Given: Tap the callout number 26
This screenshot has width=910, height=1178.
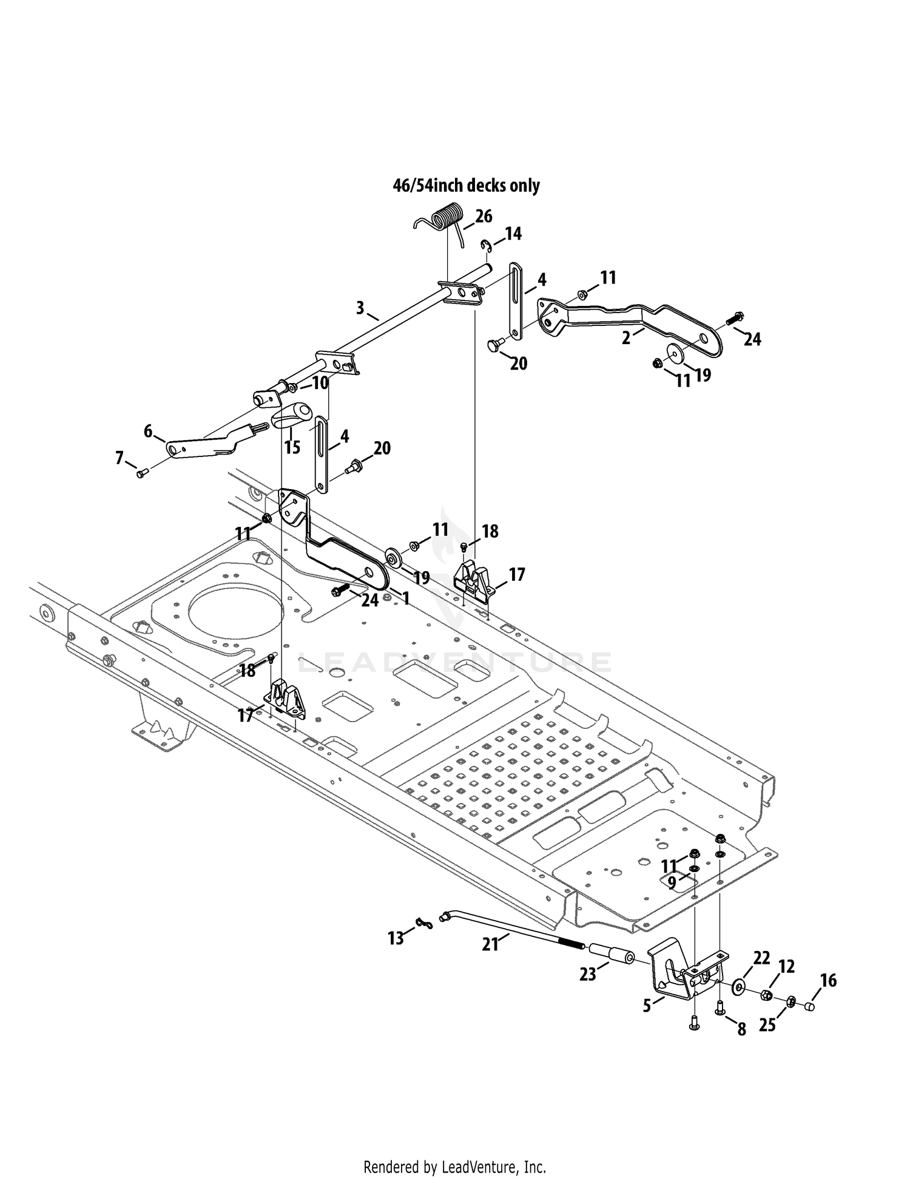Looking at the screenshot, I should click(x=484, y=217).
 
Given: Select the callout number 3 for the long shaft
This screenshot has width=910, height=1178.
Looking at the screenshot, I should click(x=360, y=308).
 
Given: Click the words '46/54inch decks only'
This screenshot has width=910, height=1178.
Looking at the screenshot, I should click(x=466, y=185).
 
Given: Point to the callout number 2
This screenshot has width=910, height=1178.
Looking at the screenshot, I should click(x=626, y=338).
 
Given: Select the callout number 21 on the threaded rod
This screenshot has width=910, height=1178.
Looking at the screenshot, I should click(x=490, y=944).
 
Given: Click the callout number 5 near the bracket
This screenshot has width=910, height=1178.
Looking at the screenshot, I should click(x=647, y=1006).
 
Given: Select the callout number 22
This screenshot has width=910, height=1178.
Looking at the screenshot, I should click(x=761, y=958).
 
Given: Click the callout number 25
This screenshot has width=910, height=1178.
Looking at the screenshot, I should click(x=767, y=1026).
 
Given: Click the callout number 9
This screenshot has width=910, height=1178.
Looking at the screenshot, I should click(x=672, y=882).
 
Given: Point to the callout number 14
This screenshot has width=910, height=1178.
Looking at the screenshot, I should click(x=513, y=234).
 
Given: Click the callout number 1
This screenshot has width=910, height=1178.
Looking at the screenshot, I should click(x=406, y=598).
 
